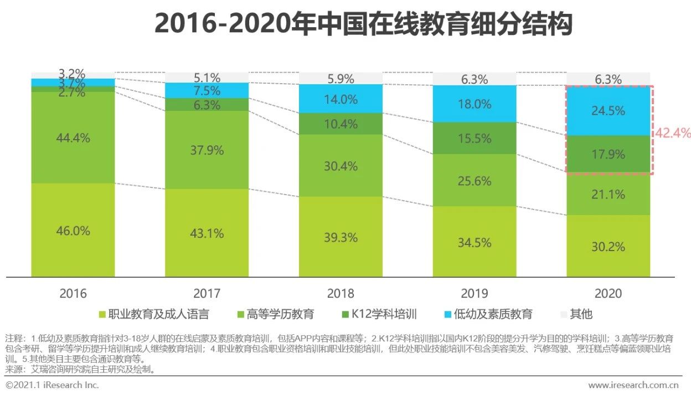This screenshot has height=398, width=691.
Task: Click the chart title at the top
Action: coord(363,25)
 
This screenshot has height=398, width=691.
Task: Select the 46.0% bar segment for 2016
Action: coord(73,230)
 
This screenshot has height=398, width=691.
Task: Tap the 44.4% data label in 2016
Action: coord(73,138)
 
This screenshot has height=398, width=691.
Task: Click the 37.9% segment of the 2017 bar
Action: coord(207,150)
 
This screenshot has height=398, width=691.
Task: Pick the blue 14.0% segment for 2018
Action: coord(341,99)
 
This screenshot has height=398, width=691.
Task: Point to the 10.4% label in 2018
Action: coord(341,124)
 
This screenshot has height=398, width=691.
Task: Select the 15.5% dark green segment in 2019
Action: coord(475,138)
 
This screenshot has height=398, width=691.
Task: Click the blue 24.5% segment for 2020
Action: coord(608,111)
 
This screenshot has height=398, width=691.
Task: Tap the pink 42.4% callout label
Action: coord(673,133)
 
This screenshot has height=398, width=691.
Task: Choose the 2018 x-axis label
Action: coord(341,293)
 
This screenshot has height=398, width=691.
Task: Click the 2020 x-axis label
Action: coord(608,293)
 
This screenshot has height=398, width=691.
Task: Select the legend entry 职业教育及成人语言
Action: coord(154,314)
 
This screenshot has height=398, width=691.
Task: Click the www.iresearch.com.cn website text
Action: coord(633,385)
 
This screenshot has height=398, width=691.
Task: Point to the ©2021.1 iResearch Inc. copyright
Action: coord(52,385)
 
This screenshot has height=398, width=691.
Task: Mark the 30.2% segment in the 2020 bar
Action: coord(608,246)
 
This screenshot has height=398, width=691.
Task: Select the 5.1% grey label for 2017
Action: coord(207,78)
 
